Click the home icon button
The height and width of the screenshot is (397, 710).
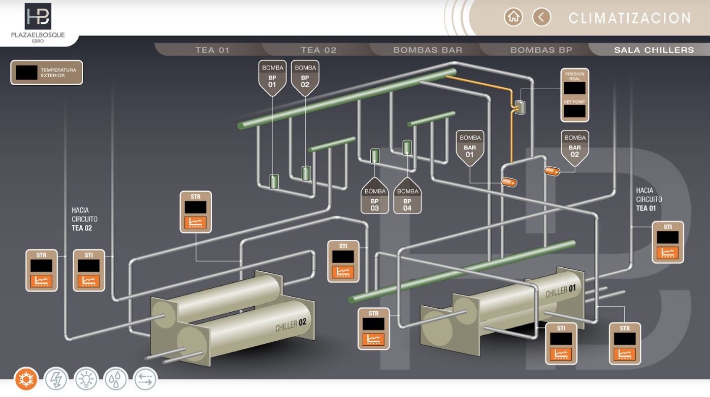pyautogui.click(x=513, y=17)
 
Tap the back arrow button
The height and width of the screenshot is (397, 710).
pyautogui.click(x=541, y=17)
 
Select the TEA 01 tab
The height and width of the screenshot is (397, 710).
pyautogui.click(x=212, y=50)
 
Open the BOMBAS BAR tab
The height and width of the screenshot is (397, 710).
pyautogui.click(x=428, y=50)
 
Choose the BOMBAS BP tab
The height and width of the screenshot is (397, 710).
pyautogui.click(x=541, y=50)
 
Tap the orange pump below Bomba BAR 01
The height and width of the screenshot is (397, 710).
pyautogui.click(x=509, y=182)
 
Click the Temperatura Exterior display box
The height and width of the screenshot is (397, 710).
pyautogui.click(x=27, y=73)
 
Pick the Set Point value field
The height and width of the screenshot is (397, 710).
pyautogui.click(x=574, y=111)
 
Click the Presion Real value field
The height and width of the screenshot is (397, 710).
pyautogui.click(x=574, y=88)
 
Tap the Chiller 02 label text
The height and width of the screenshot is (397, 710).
pyautogui.click(x=291, y=325)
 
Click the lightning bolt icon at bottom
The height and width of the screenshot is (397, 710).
pyautogui.click(x=56, y=379)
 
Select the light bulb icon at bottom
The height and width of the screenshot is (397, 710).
pyautogui.click(x=86, y=379)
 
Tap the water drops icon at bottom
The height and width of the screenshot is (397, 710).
pyautogui.click(x=116, y=379)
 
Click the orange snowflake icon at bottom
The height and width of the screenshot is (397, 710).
pyautogui.click(x=26, y=379)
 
